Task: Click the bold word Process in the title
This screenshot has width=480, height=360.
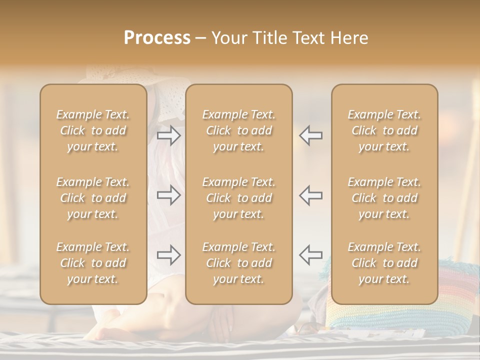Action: (157, 38)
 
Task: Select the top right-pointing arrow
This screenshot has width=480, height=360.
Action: (169, 135)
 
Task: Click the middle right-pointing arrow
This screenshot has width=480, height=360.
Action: (169, 195)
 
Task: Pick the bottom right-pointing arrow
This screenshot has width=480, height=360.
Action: (169, 255)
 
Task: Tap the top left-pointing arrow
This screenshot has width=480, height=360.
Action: (310, 135)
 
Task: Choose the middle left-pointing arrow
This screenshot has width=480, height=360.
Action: (310, 195)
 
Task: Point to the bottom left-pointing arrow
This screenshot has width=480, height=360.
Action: (310, 254)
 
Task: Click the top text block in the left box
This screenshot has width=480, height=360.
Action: (93, 130)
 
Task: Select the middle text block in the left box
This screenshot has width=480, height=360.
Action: (93, 198)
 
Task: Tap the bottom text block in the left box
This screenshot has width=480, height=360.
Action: (93, 263)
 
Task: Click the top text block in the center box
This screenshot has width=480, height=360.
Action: (239, 130)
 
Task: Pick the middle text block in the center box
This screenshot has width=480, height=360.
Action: (239, 198)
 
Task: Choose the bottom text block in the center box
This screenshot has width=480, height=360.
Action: (239, 263)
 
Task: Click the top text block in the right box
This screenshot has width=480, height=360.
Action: (384, 130)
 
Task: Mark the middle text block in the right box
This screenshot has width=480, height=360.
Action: (384, 198)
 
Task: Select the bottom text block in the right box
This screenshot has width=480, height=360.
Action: (384, 263)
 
